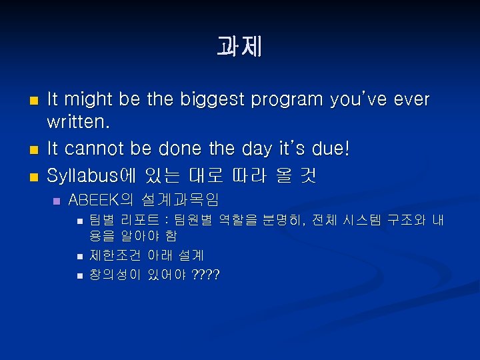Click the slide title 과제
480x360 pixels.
239,47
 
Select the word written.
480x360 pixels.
78,123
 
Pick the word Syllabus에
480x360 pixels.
91,175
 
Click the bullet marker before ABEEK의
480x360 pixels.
57,201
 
